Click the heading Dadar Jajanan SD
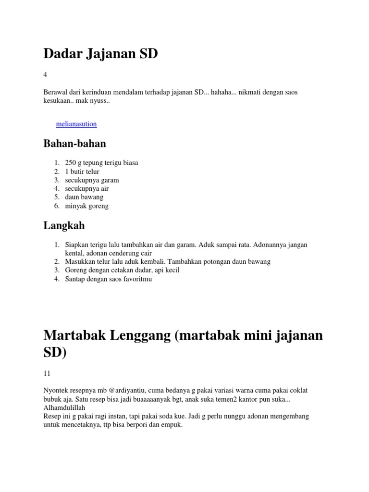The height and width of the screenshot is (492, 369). point(100,54)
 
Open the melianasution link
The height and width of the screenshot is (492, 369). point(76,124)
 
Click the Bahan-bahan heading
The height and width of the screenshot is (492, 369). point(74,143)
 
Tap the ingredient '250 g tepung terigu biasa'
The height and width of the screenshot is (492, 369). point(101,163)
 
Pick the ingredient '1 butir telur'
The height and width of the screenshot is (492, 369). point(82,172)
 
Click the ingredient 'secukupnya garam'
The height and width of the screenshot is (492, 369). point(92,180)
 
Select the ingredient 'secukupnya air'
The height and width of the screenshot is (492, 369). point(86,189)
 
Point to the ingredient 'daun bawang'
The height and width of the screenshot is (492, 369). point(84,197)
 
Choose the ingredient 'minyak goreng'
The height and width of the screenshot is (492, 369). point(87,206)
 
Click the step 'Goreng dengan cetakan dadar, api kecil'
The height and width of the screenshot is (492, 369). point(122,271)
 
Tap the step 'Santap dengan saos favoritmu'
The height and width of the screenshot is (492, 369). point(109,279)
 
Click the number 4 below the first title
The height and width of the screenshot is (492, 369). point(45,74)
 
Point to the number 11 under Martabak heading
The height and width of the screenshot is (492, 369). point(47,373)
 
